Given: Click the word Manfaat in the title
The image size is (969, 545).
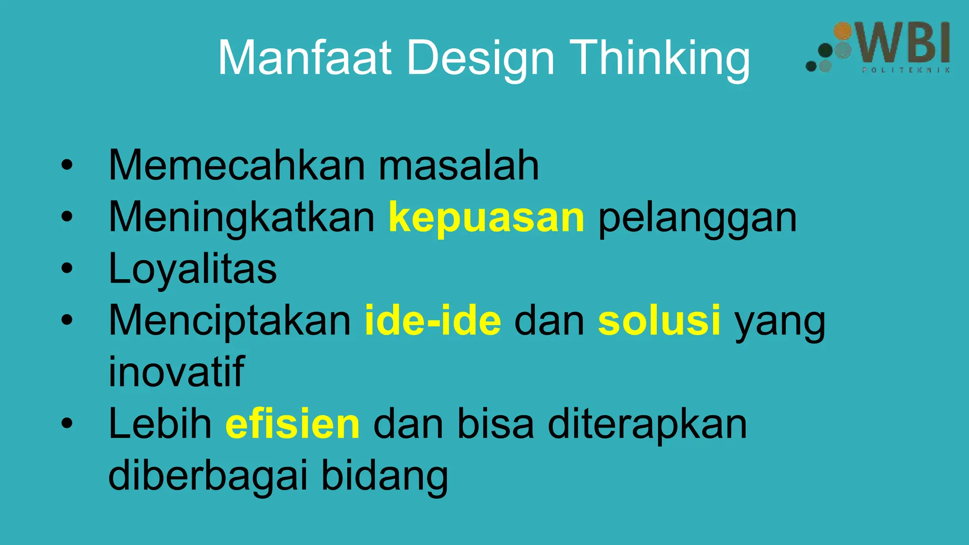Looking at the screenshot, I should (x=305, y=58).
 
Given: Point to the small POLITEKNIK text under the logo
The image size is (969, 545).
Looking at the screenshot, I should (x=906, y=70).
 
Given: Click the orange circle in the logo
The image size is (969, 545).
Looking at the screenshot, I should (x=842, y=31).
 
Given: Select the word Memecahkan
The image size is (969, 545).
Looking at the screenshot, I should (x=237, y=165).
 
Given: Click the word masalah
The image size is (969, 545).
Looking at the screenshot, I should (x=458, y=165).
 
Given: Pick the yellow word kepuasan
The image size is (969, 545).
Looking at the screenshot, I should (x=486, y=218).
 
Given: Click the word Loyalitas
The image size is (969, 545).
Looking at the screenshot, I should (x=193, y=269).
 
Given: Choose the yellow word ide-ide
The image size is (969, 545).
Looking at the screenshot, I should (x=432, y=320).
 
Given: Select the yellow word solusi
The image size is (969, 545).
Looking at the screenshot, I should (x=659, y=320).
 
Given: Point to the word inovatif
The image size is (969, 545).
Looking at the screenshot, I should (x=176, y=372).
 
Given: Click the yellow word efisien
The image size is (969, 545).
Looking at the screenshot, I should (x=292, y=423).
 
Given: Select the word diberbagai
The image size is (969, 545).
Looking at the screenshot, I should (x=208, y=475).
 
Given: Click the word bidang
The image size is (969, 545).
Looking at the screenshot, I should (x=384, y=476).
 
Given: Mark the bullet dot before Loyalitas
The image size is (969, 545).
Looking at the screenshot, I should (x=67, y=268).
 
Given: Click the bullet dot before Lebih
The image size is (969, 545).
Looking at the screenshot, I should (x=67, y=423).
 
